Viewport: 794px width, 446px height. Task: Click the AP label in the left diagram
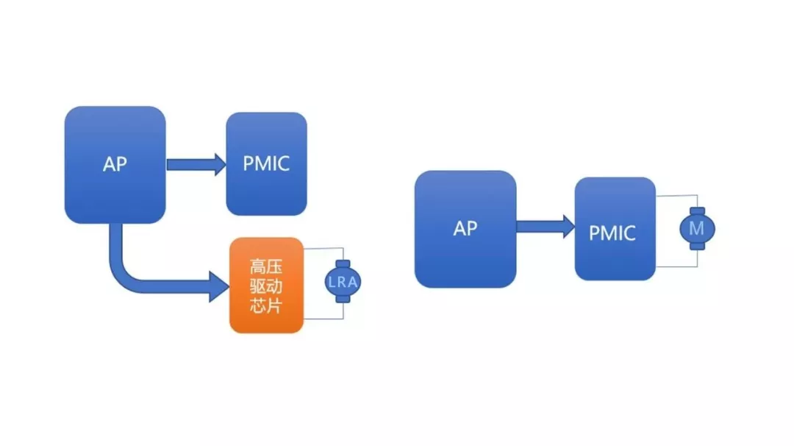(115, 164)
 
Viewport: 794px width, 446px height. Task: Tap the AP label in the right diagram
(465, 228)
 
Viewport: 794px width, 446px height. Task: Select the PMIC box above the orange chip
(266, 163)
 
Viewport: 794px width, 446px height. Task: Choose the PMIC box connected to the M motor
(615, 229)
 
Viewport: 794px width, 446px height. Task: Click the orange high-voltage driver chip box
(266, 285)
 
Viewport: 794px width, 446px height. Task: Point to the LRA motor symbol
(343, 282)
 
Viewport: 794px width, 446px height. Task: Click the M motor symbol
(696, 229)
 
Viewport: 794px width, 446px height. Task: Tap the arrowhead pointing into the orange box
(220, 286)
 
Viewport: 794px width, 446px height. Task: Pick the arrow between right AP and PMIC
(545, 227)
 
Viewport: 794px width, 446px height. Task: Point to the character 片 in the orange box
(275, 305)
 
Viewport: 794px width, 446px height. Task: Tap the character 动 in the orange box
(275, 286)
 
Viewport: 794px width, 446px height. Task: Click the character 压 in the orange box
(275, 266)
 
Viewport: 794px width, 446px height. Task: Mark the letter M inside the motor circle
(696, 229)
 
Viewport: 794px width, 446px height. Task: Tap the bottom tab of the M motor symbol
(696, 247)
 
